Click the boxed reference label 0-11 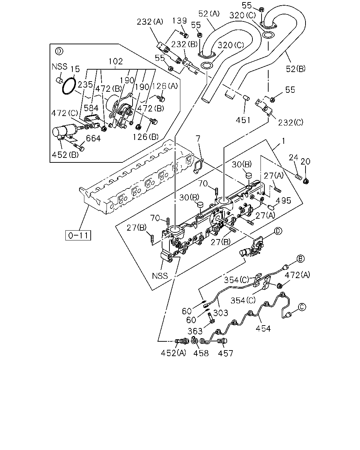[78, 235]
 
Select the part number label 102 [116, 62]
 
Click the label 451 [243, 120]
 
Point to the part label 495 [283, 200]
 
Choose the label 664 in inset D [93, 139]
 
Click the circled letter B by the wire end [300, 259]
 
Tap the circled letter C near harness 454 [302, 307]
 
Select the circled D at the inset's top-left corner [59, 51]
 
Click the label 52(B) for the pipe [296, 69]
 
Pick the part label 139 [180, 21]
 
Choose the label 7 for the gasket [198, 139]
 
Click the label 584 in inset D [91, 108]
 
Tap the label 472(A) [297, 275]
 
